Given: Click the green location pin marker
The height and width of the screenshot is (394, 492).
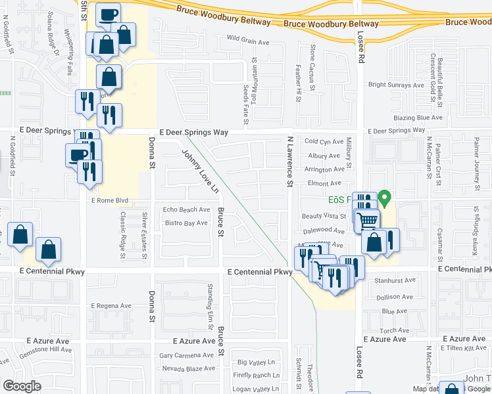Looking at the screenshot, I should [387, 196].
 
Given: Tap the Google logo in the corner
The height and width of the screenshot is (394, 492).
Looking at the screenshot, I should [22, 386].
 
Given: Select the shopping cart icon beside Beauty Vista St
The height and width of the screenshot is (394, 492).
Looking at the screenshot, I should [367, 220].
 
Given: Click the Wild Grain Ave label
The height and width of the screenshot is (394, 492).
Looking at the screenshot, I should [248, 42].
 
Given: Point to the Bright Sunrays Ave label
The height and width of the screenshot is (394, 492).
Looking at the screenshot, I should [396, 85].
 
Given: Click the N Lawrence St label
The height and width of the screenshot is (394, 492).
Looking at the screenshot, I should [289, 161].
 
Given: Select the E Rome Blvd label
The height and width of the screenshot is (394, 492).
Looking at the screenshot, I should [111, 200].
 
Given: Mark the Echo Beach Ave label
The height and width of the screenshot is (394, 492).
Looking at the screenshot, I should [186, 210].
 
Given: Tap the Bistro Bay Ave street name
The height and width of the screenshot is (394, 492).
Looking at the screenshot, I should [186, 223].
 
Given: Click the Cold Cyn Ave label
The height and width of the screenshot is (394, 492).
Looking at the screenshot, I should [324, 141].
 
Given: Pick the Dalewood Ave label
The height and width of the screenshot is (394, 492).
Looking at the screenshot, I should [324, 231].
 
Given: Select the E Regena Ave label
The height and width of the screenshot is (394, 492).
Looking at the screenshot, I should [112, 306].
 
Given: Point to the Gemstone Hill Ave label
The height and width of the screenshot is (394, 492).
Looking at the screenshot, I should [45, 350].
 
